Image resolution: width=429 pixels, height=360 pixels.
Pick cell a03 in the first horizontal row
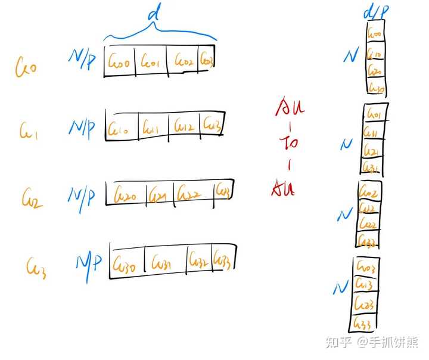click(206, 60)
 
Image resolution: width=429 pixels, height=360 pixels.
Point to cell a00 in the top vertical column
click(375, 35)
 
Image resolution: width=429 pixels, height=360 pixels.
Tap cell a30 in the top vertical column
click(376, 88)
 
